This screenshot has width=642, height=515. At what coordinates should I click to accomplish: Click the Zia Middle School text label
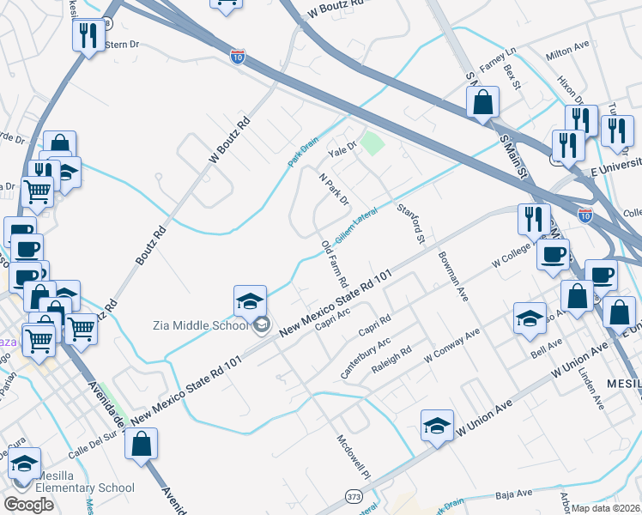[x=203, y=324]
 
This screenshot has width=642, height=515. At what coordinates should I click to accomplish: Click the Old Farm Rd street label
[x=335, y=264]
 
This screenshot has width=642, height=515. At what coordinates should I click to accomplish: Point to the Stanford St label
[x=409, y=222]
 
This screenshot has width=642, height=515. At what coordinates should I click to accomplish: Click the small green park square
[x=372, y=142]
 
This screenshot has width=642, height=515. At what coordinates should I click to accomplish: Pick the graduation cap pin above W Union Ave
[x=437, y=426]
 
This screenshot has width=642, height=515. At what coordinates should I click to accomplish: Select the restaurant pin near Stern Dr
[x=87, y=36]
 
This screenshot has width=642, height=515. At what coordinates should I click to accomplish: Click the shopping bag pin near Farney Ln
[x=483, y=103]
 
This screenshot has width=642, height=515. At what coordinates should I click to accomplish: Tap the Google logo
[x=28, y=504]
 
